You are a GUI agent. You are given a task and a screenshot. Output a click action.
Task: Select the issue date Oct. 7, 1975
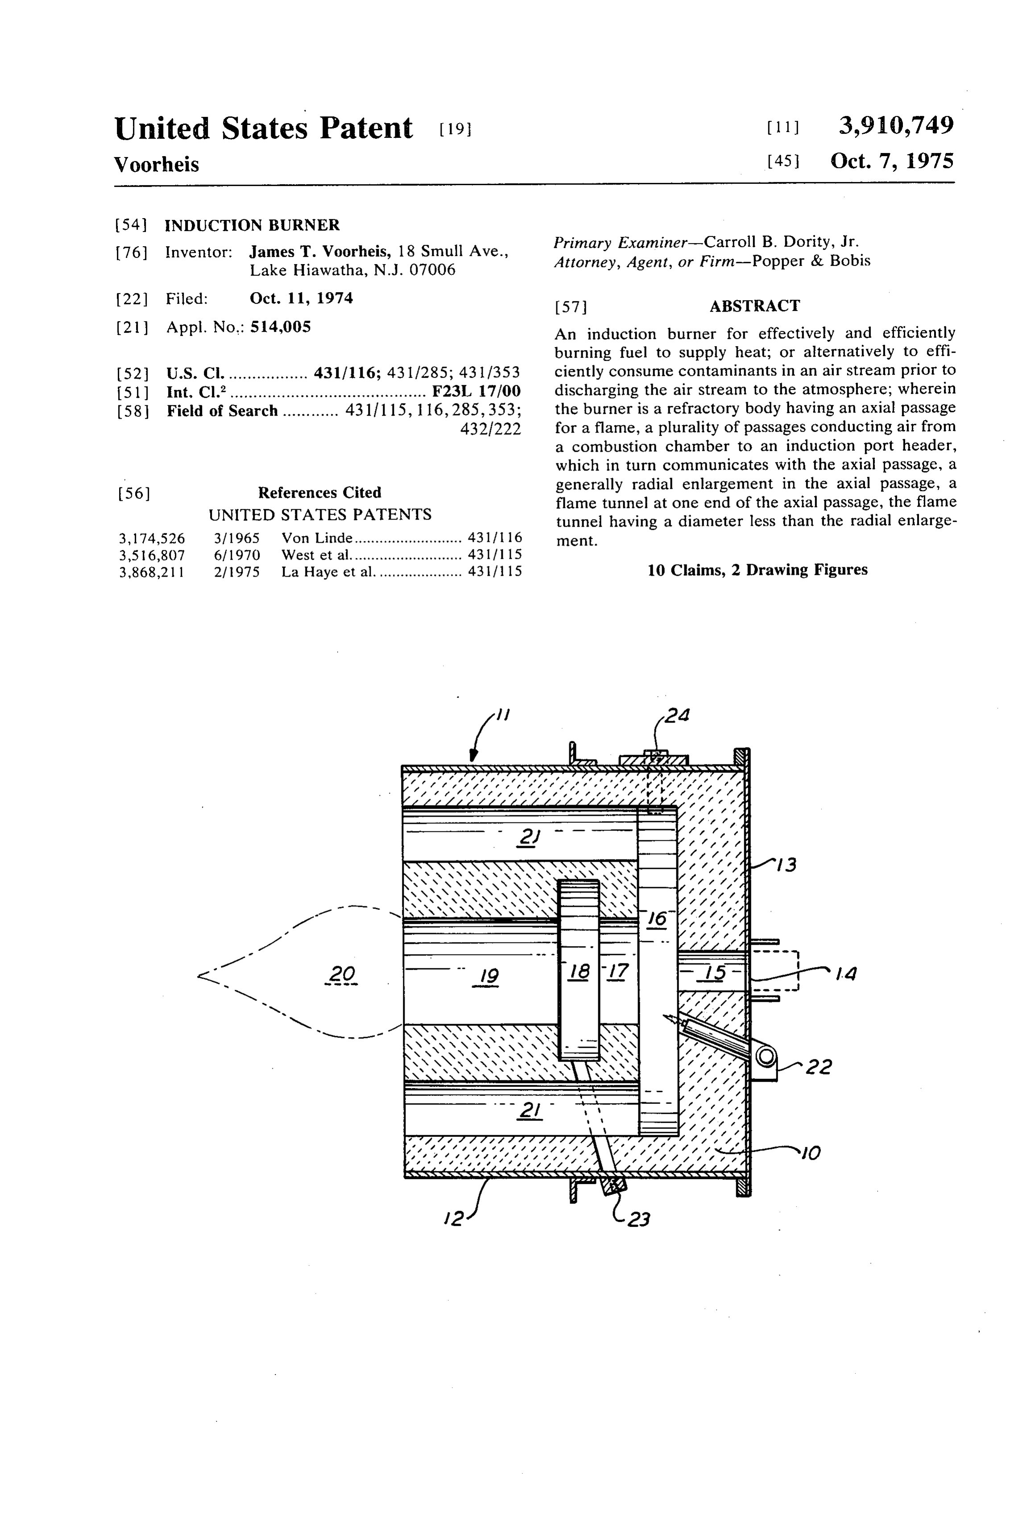pyautogui.click(x=892, y=161)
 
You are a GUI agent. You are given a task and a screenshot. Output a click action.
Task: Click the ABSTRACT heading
pyautogui.click(x=754, y=306)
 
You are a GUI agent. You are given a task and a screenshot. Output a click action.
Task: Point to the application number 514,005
pyautogui.click(x=280, y=326)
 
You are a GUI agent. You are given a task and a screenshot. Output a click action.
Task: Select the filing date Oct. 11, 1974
pyautogui.click(x=301, y=298)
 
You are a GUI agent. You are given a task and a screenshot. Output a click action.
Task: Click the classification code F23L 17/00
pyautogui.click(x=476, y=392)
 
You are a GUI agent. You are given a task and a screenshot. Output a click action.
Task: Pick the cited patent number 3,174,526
pyautogui.click(x=152, y=538)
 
